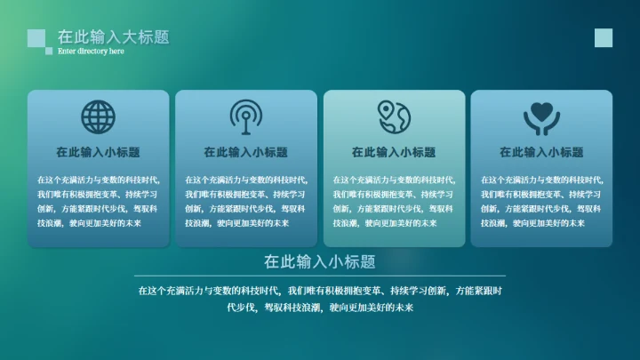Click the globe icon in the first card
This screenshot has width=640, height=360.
tap(98, 116)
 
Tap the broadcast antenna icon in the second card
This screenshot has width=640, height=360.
tap(245, 116)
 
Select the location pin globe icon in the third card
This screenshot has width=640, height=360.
tap(393, 116)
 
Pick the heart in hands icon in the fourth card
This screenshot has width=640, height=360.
tap(540, 116)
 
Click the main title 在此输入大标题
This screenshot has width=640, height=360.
tap(113, 36)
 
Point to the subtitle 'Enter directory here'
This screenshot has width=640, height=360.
tap(91, 52)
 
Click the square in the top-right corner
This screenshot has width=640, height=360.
tap(604, 37)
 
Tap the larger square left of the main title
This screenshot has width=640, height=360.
tap(36, 37)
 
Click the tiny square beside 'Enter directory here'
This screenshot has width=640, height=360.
tap(49, 52)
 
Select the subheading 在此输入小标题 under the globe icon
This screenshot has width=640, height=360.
tap(98, 152)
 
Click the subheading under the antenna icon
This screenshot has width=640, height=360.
tap(245, 152)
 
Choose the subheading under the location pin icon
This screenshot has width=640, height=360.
tap(393, 152)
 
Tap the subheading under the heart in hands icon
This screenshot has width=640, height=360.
tap(540, 152)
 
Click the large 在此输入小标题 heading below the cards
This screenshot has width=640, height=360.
tap(319, 261)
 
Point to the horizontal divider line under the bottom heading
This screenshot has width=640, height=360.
tap(319, 276)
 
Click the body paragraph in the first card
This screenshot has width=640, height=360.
tap(98, 201)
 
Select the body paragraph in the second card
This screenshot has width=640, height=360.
tap(245, 201)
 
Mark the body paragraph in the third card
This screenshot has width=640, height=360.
tap(393, 201)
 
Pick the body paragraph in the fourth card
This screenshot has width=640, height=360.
tap(540, 201)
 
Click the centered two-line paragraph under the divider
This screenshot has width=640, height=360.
tap(320, 299)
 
